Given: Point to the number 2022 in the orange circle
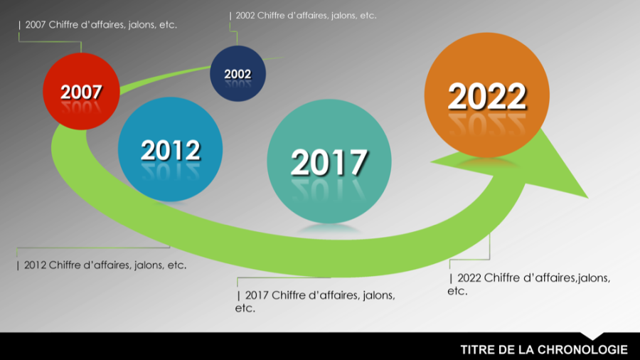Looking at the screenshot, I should tap(486, 97).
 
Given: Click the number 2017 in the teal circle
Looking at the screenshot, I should tap(329, 162).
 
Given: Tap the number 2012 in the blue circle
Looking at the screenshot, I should tap(170, 150).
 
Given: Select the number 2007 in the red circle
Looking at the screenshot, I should tap(80, 92).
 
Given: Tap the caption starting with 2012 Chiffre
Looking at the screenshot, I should tap(102, 265).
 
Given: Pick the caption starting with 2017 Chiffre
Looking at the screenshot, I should tap(316, 301).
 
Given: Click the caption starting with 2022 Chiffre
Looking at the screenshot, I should tap(529, 284).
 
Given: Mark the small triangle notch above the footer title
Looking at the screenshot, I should tap(592, 335).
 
